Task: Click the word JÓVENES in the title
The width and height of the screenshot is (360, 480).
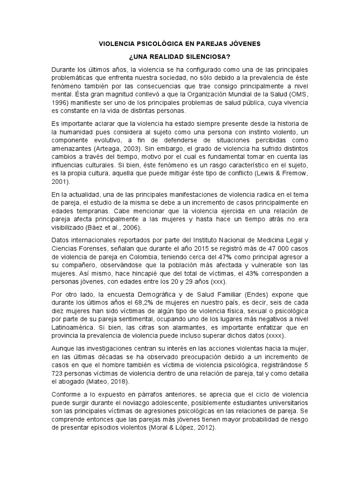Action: (x=243, y=44)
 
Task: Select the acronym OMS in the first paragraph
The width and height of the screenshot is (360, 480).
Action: (x=299, y=94)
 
